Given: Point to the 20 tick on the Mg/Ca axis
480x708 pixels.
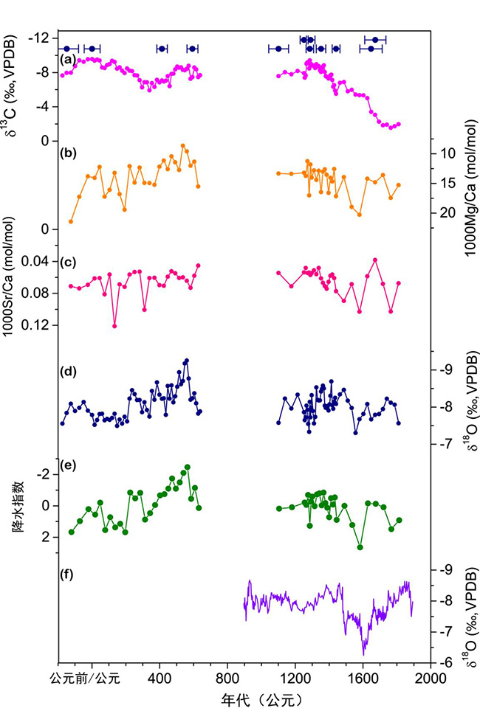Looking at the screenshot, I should [446, 213].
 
